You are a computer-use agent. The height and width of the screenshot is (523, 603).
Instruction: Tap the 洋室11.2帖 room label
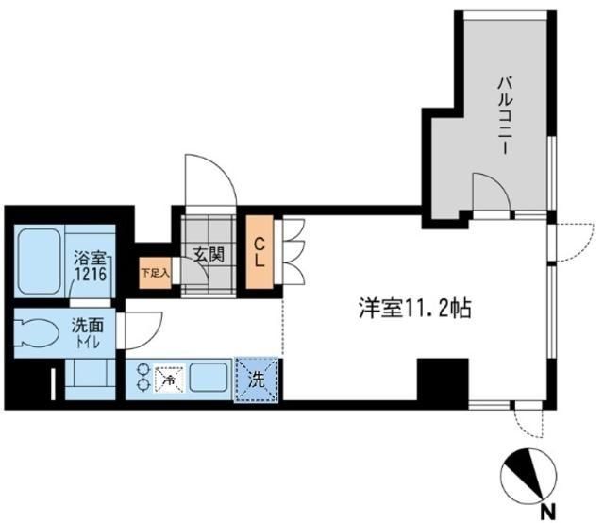pos(415,308)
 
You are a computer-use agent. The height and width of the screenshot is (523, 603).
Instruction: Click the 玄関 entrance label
pos(208,254)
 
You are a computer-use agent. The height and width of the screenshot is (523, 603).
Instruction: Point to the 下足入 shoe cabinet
pos(155,274)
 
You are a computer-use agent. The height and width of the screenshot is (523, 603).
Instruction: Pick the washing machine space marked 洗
pos(258,380)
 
